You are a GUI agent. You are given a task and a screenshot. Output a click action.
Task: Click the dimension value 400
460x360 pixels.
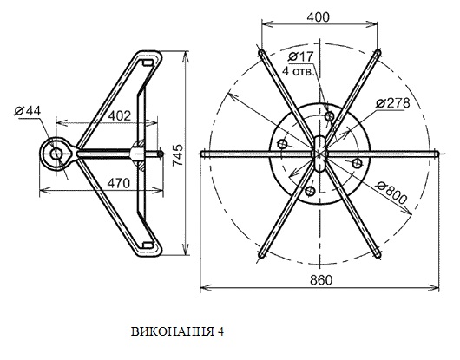(318, 17)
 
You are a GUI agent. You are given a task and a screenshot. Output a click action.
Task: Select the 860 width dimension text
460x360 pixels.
(321, 280)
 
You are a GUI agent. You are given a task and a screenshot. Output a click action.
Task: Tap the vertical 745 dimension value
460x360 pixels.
(178, 155)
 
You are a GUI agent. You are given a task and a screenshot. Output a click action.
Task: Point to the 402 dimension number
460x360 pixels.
(120, 116)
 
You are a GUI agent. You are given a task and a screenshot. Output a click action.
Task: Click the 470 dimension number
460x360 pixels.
(118, 184)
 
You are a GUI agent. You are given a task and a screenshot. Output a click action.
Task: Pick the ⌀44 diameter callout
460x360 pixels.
(28, 111)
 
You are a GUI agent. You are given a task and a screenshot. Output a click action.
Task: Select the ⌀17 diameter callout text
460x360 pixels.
(300, 56)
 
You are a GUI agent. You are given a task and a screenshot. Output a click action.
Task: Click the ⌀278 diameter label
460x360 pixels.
(393, 103)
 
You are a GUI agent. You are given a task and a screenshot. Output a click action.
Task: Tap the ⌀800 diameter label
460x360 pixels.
(392, 193)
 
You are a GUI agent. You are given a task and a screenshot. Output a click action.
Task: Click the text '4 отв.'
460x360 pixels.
(298, 71)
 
